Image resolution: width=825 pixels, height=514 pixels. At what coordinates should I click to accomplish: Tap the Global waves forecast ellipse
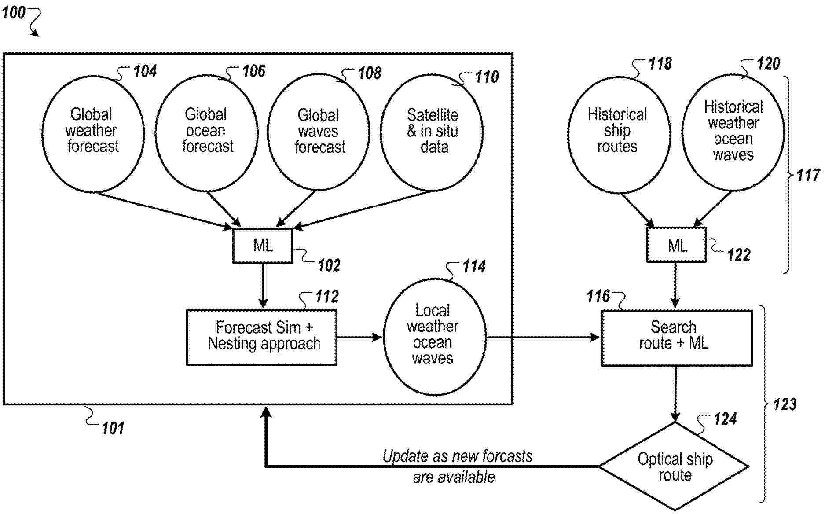(x=319, y=132)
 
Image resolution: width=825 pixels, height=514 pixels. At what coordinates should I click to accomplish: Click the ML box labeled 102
(x=263, y=246)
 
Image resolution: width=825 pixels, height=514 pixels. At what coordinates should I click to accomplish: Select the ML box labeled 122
(x=676, y=245)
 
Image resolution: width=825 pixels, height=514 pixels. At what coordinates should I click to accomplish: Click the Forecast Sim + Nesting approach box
(x=262, y=338)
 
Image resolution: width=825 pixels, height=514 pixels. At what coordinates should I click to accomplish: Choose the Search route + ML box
(x=676, y=338)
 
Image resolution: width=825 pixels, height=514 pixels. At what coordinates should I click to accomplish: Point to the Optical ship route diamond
(x=674, y=466)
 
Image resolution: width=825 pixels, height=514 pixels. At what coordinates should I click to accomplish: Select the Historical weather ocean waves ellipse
(x=733, y=132)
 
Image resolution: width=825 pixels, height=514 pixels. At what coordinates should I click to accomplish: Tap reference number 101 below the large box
(x=113, y=428)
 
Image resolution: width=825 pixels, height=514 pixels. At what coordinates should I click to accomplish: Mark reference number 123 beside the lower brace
(x=785, y=404)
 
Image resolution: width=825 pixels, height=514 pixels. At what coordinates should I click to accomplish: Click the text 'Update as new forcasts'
(x=457, y=456)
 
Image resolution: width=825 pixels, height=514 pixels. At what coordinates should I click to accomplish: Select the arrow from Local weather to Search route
(x=543, y=338)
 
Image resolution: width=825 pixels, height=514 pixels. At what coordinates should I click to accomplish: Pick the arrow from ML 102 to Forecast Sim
(x=263, y=286)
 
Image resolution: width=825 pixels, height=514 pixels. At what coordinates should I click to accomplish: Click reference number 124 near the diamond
(x=725, y=419)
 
